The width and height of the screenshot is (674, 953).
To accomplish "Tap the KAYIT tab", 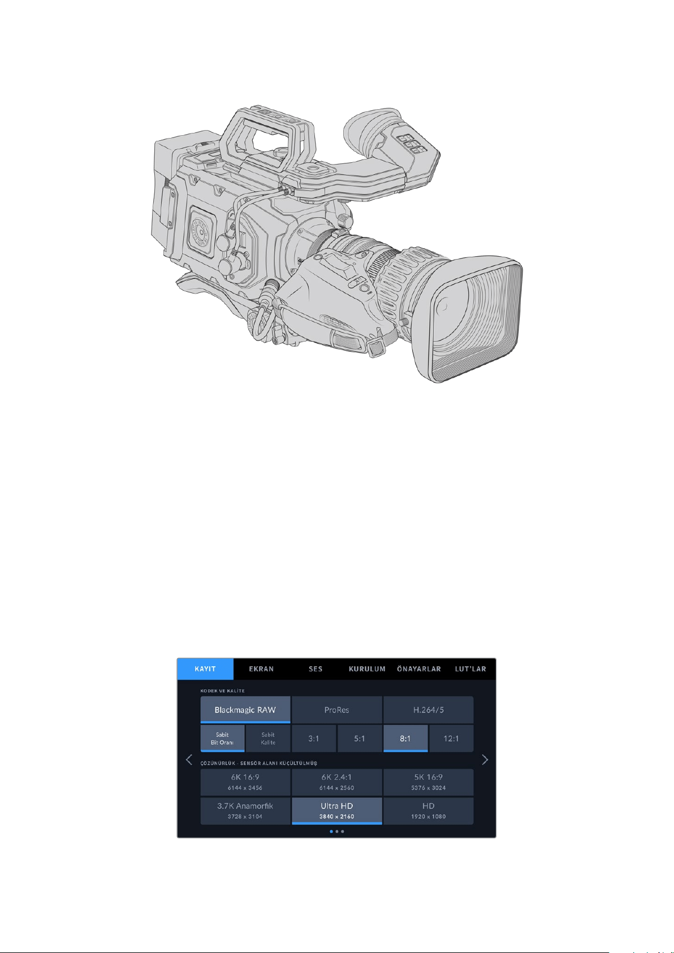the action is coord(205,669).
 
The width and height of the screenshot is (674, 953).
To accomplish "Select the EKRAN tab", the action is coord(261,669).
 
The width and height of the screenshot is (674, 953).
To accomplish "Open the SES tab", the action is coord(316,669).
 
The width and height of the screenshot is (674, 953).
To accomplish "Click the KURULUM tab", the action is coord(367,669).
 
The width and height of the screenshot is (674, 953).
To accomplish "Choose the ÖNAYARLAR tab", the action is coord(419,669).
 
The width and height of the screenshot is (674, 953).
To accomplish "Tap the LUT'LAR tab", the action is coord(470,669).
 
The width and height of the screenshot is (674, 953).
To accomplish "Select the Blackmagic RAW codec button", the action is coord(245,710).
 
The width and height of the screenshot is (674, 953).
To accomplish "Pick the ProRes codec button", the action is coord(337,710).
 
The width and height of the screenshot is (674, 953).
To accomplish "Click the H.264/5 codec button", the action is coord(428,710).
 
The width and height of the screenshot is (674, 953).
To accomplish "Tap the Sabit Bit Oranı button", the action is coord(222,738).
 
